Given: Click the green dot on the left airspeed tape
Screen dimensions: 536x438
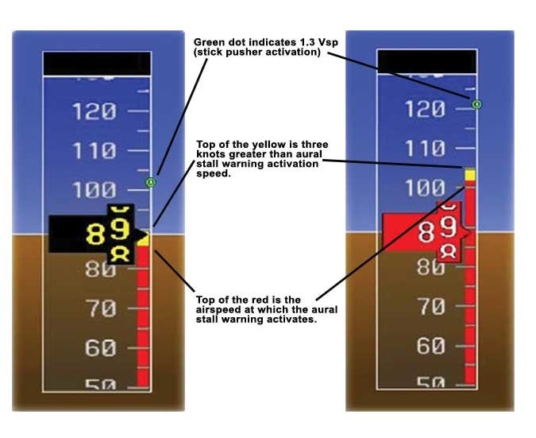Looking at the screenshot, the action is pos(151,182).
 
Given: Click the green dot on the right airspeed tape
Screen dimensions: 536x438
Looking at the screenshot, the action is pos(477,104).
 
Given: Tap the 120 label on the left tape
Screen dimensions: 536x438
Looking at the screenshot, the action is pos(94,111).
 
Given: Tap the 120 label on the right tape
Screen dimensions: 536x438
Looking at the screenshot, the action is pos(425,109).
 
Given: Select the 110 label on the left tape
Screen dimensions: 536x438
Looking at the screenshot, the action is pos(94,151).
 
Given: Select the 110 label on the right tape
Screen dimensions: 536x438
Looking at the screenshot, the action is pos(425,149).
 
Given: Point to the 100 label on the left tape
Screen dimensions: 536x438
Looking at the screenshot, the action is pos(94,190).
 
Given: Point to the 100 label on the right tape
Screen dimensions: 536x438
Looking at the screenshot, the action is pos(425,188).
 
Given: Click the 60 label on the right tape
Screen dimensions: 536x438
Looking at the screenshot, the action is pos(431,345).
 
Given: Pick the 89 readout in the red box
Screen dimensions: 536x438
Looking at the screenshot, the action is pos(438,230).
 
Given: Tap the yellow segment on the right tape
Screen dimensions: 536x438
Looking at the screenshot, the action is pos(469,175).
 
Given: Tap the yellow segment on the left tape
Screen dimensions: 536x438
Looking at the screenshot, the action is pos(144,238).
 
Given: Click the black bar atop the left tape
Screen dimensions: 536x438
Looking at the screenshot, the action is pos(97,64).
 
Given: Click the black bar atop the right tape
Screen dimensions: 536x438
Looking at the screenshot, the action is pos(427,61).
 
